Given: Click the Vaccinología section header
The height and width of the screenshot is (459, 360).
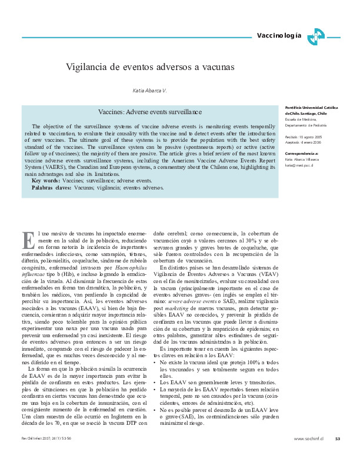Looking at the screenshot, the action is (279, 36).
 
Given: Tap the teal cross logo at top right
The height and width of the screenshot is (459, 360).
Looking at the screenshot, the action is (315, 36).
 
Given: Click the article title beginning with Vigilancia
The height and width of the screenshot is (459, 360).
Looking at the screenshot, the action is (150, 68).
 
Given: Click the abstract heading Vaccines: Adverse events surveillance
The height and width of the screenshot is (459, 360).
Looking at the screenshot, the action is (151, 111).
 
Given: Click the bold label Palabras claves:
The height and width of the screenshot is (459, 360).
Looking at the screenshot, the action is (52, 188).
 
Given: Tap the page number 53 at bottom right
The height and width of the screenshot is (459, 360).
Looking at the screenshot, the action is (337, 438).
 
